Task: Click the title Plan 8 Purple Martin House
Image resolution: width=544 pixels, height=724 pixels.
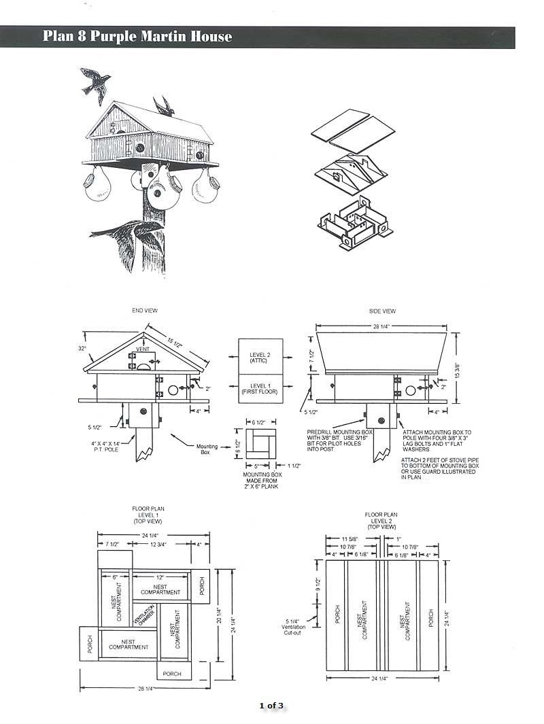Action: point(137,37)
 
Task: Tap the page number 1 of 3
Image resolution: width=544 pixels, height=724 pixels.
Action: point(271,705)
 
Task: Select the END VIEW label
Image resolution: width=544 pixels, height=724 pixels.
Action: point(145,311)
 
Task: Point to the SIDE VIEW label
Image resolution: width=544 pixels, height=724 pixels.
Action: point(382,311)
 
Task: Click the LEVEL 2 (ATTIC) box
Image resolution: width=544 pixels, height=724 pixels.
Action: point(260,357)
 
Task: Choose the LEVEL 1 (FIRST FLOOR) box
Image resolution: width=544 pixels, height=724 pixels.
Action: point(260,390)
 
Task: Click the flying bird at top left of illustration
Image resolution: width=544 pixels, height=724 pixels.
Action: point(95,82)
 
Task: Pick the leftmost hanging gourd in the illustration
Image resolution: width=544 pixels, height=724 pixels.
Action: point(97,187)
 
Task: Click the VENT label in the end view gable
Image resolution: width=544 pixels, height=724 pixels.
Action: point(142,349)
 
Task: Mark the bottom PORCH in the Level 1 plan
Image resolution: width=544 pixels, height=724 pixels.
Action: point(173,674)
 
